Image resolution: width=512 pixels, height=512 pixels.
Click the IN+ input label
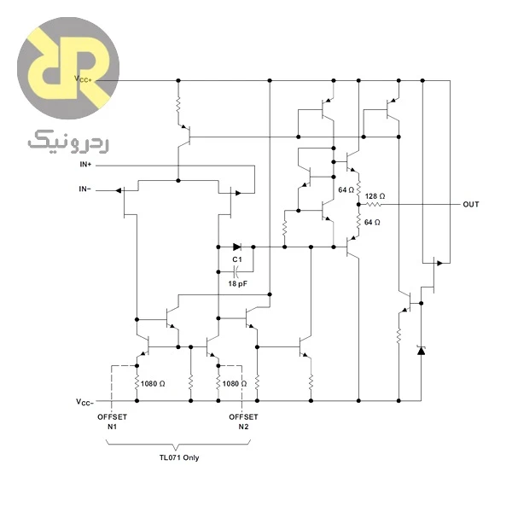click(x=85, y=164)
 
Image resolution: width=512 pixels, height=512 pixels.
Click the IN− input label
click(x=84, y=189)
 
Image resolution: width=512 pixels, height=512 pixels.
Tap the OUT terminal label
click(x=471, y=205)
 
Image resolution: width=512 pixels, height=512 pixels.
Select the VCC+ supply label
click(x=83, y=79)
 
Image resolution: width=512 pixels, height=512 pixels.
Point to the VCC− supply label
click(x=84, y=402)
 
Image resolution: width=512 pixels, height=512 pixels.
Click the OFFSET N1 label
click(x=112, y=422)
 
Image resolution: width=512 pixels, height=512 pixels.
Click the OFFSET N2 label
click(x=243, y=422)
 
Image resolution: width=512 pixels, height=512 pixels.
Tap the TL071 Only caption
click(x=179, y=457)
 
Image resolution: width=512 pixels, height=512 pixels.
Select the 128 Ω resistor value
click(x=375, y=196)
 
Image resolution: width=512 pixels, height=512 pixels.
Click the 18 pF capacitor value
click(x=238, y=283)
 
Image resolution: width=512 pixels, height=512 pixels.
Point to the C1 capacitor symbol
click(x=236, y=271)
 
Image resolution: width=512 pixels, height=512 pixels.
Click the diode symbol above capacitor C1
click(x=237, y=247)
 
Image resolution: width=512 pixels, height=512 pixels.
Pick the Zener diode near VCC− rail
click(x=421, y=351)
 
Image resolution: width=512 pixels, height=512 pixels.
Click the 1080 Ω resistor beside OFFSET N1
click(x=137, y=382)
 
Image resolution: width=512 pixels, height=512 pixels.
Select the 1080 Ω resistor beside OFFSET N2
click(x=218, y=382)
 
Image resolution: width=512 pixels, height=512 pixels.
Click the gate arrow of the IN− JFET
click(x=119, y=190)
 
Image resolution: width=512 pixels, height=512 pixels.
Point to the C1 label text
click(x=237, y=259)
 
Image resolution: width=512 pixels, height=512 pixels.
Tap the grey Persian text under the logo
click(x=68, y=142)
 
